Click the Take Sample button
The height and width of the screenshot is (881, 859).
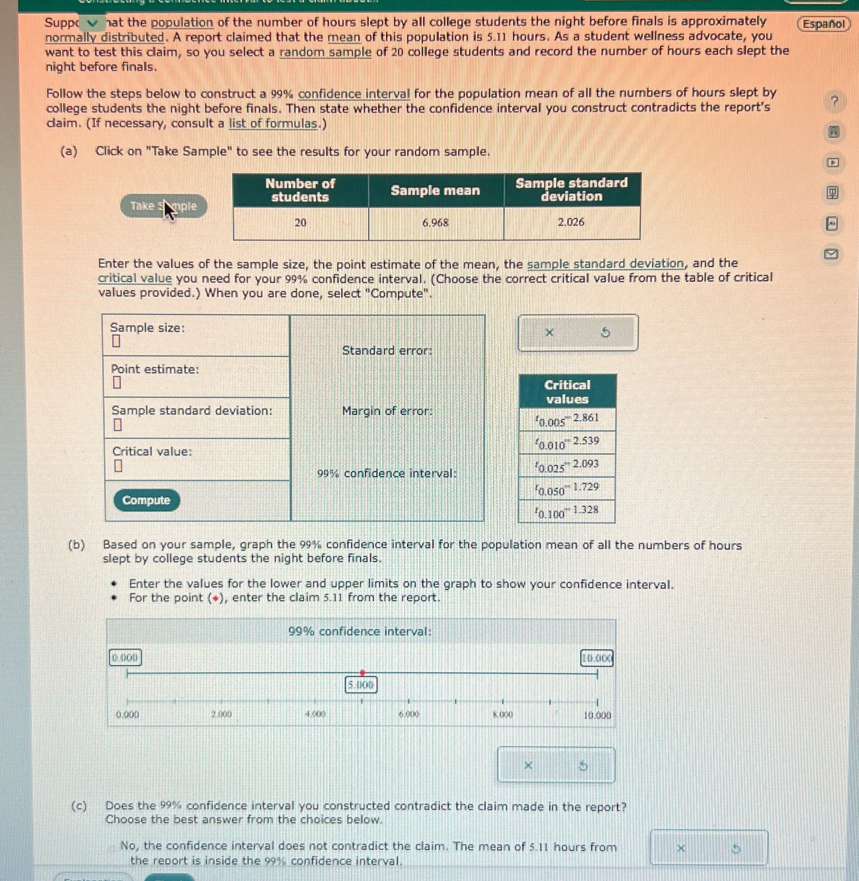click(164, 206)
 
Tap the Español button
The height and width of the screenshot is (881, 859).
click(823, 23)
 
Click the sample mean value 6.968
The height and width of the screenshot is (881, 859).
click(436, 222)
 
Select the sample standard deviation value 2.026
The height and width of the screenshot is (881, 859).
click(571, 222)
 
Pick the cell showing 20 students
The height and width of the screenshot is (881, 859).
click(300, 222)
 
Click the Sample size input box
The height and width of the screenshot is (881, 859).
click(116, 341)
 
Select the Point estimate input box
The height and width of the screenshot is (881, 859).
click(117, 382)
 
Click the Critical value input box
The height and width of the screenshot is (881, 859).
click(118, 465)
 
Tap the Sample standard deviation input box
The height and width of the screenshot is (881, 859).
click(117, 424)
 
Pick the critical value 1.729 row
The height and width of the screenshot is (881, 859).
click(567, 489)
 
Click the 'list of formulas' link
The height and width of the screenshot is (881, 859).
click(273, 123)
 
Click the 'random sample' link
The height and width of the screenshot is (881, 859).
click(325, 52)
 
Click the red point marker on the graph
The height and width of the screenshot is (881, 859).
click(362, 672)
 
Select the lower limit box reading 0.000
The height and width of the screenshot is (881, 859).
click(125, 657)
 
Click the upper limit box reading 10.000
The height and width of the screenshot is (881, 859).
click(596, 659)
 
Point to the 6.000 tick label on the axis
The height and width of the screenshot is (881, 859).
click(409, 714)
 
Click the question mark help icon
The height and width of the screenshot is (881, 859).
click(834, 102)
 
